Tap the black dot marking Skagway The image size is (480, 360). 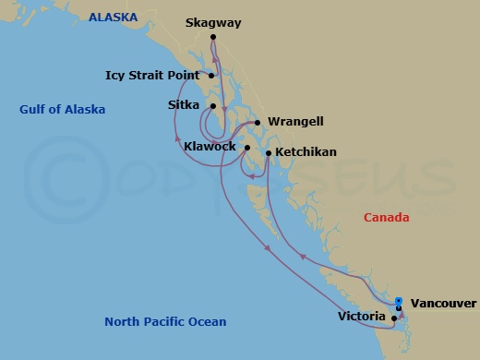tap(212, 37)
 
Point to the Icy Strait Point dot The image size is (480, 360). tap(212, 76)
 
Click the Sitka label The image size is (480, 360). tap(183, 106)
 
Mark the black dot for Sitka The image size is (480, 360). tap(212, 107)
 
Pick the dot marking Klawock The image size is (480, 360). tap(246, 147)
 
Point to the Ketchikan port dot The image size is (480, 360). tap(268, 152)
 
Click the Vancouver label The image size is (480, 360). tap(443, 302)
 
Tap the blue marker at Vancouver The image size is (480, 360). tap(398, 301)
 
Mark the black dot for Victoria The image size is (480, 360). tap(394, 318)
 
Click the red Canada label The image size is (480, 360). tap(387, 217)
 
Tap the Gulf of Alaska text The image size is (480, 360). tap(62, 110)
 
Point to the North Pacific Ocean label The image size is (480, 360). tap(165, 321)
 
